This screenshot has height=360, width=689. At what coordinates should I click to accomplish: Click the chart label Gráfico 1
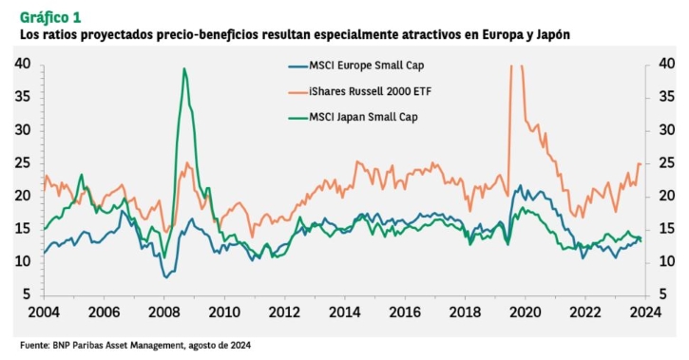50,17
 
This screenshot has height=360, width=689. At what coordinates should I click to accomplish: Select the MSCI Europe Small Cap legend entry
356,66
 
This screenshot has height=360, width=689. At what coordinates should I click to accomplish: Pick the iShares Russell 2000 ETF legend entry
360,91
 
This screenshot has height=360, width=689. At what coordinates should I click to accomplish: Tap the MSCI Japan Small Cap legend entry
353,117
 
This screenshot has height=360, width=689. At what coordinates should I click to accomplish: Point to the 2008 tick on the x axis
163,313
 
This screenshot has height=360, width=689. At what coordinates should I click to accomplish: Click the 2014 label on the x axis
344,313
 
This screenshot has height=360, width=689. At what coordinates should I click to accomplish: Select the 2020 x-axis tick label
526,313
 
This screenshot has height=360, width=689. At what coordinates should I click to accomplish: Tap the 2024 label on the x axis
645,313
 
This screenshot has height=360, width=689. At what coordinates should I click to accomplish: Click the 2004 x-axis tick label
44,313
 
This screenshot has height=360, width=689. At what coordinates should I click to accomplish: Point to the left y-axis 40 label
23,64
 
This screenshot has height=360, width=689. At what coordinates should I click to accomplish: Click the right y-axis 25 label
666,163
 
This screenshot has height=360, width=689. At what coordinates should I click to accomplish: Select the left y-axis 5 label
27,294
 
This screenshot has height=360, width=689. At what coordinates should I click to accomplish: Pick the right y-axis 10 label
666,261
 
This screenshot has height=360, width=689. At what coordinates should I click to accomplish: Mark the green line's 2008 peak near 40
184,68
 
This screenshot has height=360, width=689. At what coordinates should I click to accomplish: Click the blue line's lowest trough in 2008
165,277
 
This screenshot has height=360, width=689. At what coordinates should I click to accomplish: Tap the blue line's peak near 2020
521,185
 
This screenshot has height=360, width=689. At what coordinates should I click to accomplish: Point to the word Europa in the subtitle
502,35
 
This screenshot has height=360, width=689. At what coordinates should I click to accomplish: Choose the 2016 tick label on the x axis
405,313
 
